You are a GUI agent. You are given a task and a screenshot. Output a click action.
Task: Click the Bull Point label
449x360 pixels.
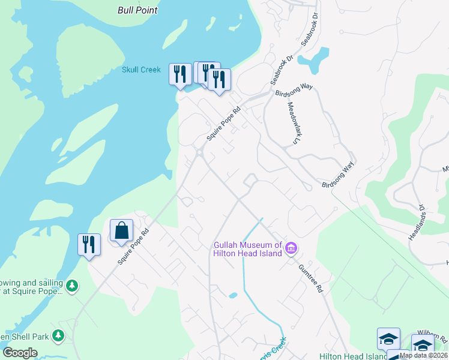[137, 10]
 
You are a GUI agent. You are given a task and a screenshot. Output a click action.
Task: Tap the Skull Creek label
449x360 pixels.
[141, 70]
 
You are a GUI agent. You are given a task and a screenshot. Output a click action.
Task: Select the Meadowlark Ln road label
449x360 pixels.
[292, 122]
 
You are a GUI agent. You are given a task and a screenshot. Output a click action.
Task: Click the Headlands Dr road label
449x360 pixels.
[417, 223]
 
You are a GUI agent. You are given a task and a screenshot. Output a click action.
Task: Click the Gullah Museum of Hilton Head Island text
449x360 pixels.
[249, 249]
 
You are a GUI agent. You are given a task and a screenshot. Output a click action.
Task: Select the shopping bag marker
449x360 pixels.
[121, 230]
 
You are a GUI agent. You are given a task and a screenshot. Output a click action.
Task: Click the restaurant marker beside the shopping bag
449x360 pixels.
[89, 245]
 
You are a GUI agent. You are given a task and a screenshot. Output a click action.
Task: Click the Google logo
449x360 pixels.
[20, 353]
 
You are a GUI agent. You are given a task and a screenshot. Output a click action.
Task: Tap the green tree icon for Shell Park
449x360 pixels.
[58, 335]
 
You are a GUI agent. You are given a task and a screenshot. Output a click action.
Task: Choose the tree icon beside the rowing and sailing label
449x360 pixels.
[72, 285]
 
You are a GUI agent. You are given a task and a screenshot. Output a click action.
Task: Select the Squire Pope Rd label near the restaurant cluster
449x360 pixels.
[223, 124]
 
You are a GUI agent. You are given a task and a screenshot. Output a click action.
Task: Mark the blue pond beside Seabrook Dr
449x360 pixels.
[317, 59]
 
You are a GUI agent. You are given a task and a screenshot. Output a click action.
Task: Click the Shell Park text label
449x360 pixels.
[24, 337]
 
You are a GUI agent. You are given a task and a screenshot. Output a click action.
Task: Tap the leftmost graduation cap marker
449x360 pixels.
[388, 338]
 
